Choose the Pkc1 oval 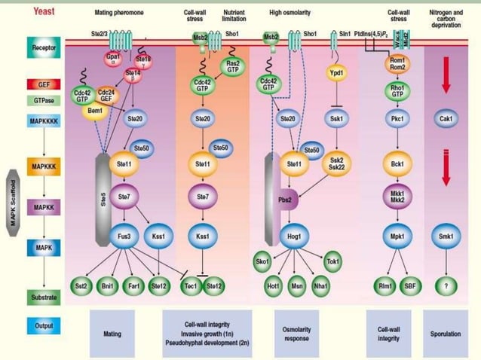tap(397, 118)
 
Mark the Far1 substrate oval tap(133, 285)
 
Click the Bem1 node tap(93, 110)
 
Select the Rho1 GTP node tap(397, 88)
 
